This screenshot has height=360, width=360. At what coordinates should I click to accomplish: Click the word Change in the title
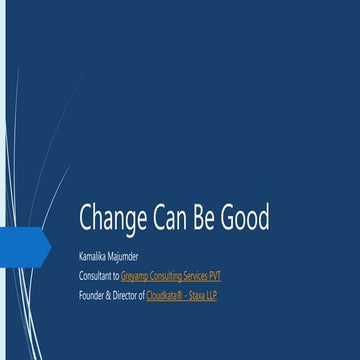point(112,218)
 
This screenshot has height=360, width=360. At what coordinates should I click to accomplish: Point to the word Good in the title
point(250,218)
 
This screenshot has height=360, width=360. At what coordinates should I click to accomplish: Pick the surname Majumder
point(121,255)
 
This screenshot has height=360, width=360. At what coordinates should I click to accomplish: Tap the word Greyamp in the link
point(132,275)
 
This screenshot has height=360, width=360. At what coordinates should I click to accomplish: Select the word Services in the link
point(195,275)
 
